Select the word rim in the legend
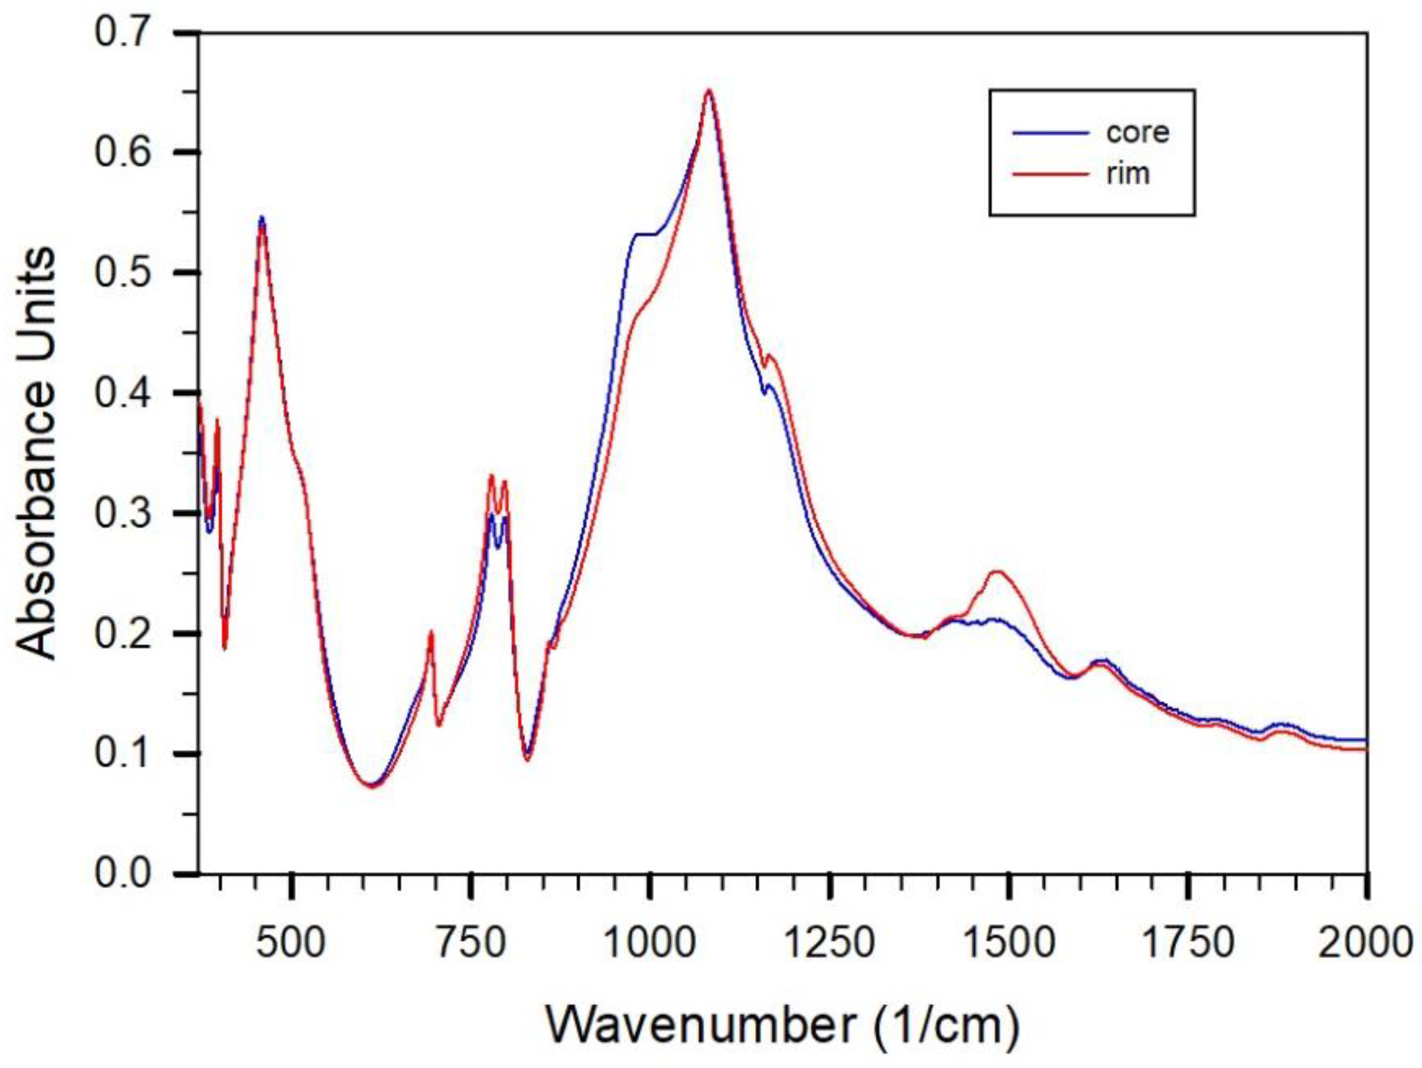(1128, 174)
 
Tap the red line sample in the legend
(1051, 174)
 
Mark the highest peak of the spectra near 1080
(708, 91)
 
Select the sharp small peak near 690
(431, 633)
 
